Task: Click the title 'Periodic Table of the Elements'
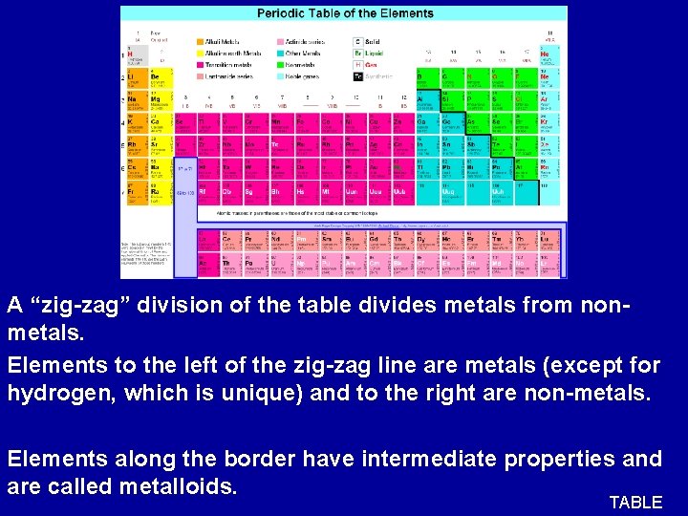click(345, 13)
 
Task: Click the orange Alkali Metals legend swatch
click(200, 42)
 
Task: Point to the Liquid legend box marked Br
click(357, 54)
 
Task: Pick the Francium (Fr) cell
click(136, 194)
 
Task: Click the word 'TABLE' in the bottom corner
click(635, 503)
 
